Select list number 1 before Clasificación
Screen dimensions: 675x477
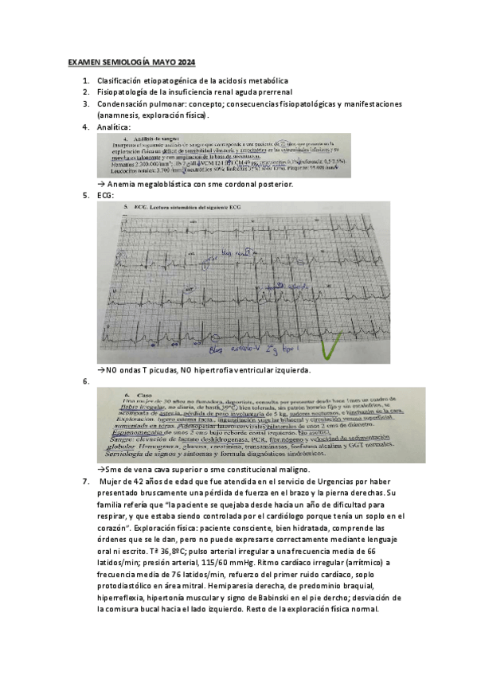click(x=86, y=81)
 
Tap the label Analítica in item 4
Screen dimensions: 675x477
click(x=114, y=127)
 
